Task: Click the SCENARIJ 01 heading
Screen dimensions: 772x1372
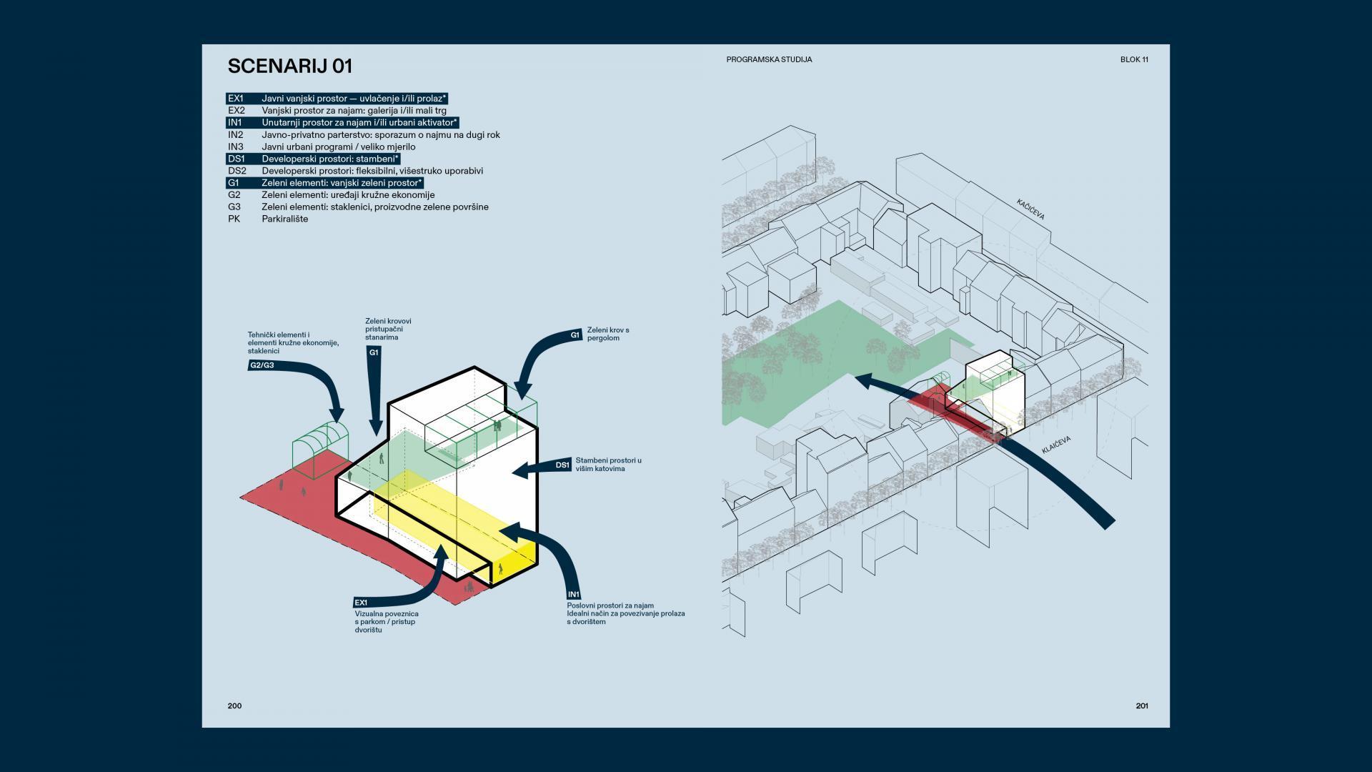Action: [x=290, y=66]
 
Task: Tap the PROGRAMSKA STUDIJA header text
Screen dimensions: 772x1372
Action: [x=769, y=60]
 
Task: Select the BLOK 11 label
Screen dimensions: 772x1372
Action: [x=1134, y=60]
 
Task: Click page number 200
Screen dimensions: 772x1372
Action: [x=234, y=706]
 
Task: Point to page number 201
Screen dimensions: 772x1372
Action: [x=1142, y=706]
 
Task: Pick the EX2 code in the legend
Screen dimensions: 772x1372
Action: [x=236, y=111]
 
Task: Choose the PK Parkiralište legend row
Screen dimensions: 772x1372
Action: [x=268, y=219]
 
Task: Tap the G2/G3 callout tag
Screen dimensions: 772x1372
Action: [x=262, y=365]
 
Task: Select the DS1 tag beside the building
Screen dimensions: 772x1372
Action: [x=562, y=465]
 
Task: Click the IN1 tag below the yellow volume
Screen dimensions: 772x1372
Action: [x=573, y=595]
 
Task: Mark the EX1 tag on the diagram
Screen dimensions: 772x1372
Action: [x=361, y=603]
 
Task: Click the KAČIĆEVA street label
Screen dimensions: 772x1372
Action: [x=1030, y=209]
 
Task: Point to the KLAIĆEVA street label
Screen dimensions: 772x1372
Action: [x=1054, y=447]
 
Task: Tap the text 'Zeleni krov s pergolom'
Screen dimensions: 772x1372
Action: [x=607, y=334]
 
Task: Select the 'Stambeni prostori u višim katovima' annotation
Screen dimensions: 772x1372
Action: [x=608, y=465]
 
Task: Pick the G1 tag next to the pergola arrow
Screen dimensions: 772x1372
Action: [x=575, y=335]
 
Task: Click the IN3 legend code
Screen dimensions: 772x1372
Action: [x=236, y=147]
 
